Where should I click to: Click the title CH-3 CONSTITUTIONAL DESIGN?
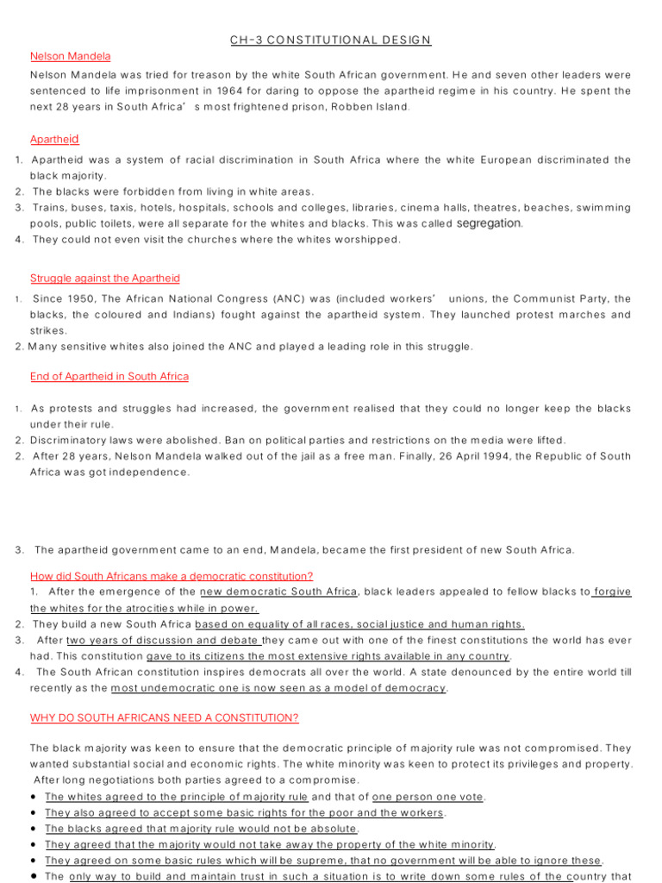[330, 40]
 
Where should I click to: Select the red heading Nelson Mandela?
[70, 56]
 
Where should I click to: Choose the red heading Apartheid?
[54, 139]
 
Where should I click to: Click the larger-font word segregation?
[489, 223]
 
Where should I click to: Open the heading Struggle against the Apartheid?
[104, 279]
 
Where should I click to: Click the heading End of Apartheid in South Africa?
[109, 377]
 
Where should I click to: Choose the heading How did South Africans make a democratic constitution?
[172, 576]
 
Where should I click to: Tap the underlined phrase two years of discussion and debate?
[162, 640]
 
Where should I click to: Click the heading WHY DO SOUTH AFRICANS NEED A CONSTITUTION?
[164, 718]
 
